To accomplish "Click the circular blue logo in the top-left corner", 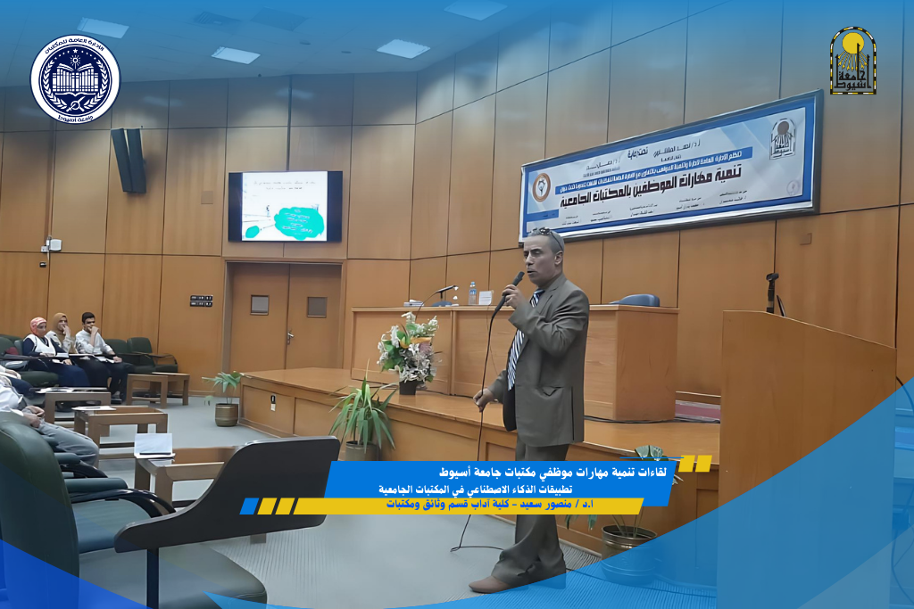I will [75, 79].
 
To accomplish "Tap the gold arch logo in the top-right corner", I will [852, 61].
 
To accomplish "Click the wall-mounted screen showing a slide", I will [285, 206].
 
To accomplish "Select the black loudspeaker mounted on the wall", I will [128, 160].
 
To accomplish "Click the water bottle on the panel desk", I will [472, 293].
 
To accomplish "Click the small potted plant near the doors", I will [226, 397].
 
